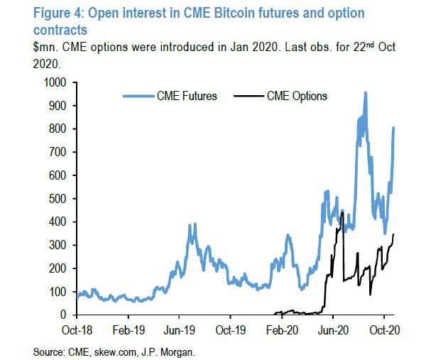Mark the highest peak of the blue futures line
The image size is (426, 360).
coord(366,93)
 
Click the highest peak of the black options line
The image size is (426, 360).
coord(343,211)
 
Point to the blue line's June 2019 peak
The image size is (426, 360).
coord(192,225)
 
